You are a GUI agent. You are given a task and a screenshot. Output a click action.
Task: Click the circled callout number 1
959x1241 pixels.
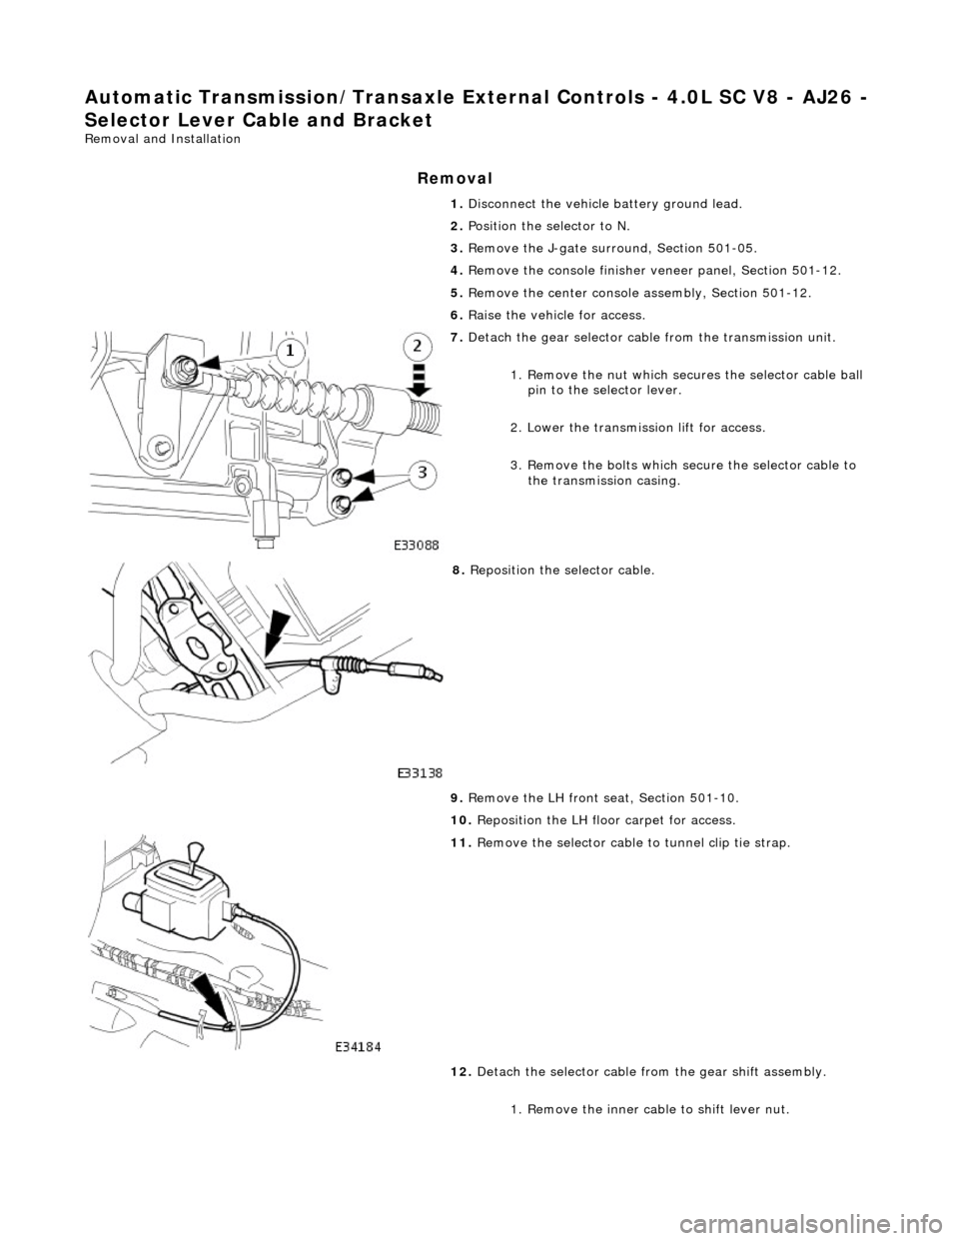coord(289,351)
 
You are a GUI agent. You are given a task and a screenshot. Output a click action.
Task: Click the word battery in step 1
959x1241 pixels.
coord(632,204)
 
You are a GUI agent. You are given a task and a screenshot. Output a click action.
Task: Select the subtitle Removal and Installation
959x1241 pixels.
coord(157,139)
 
